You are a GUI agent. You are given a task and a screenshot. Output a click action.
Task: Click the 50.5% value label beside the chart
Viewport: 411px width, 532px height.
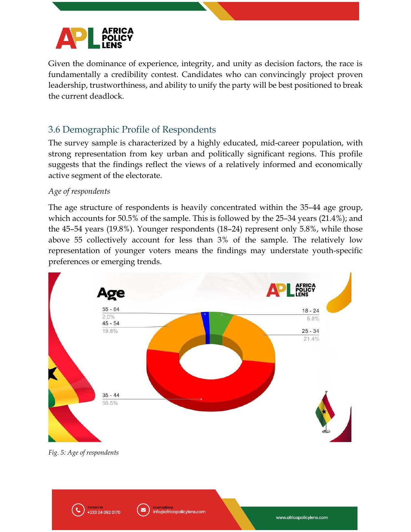(110, 403)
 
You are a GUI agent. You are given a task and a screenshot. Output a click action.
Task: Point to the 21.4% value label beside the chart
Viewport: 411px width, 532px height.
(311, 339)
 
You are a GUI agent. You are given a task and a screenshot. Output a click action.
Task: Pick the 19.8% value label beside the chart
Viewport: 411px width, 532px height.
(110, 331)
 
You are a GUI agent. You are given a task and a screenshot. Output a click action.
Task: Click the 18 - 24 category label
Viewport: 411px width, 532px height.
(310, 311)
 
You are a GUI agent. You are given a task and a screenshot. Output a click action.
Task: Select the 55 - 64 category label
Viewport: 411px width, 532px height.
(111, 309)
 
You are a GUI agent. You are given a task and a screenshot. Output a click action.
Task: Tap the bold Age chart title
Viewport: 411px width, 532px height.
(111, 293)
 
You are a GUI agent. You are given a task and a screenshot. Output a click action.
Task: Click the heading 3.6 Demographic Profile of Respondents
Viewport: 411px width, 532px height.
(132, 130)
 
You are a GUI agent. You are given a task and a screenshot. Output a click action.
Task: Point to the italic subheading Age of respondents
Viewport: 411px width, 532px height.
(79, 192)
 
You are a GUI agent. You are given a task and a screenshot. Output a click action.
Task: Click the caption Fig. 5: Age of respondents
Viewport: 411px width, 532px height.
(83, 453)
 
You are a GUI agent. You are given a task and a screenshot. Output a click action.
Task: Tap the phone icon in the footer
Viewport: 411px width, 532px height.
(78, 510)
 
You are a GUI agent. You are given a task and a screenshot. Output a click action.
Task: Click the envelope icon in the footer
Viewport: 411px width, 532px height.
(143, 510)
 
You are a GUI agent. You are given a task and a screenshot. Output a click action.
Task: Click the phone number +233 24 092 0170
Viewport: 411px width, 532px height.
(103, 512)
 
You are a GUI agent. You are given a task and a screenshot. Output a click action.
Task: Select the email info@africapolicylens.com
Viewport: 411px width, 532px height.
(179, 512)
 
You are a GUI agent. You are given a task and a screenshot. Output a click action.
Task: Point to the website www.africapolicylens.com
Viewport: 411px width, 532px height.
(302, 517)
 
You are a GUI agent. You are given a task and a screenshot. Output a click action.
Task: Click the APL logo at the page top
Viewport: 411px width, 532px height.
(94, 38)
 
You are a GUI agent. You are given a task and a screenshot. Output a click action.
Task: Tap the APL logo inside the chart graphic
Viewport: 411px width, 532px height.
(291, 290)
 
